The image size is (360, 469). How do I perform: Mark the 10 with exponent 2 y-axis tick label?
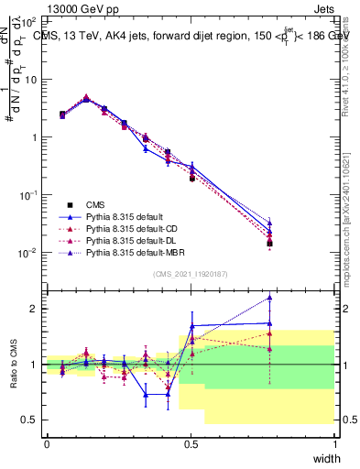29,19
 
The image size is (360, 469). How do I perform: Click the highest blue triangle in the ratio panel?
269,297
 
